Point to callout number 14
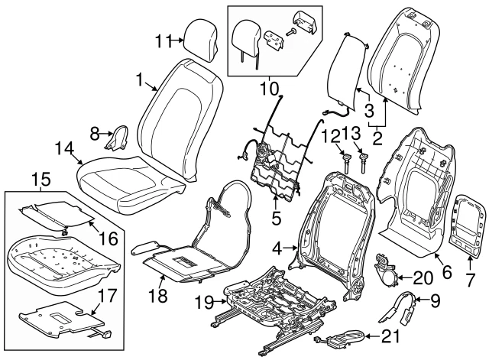66,148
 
